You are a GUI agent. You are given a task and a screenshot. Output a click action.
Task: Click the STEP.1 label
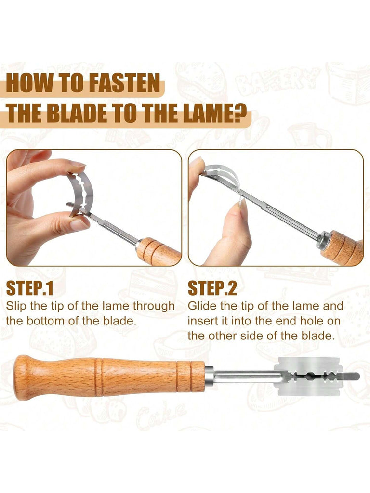click(x=29, y=288)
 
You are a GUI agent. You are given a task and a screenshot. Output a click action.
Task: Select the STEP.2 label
click(x=212, y=288)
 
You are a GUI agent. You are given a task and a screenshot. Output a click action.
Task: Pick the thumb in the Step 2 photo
click(x=232, y=233)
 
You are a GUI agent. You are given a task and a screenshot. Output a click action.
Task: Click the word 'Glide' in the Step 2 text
click(x=202, y=306)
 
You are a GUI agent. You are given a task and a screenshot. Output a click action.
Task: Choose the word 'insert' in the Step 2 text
click(x=204, y=321)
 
